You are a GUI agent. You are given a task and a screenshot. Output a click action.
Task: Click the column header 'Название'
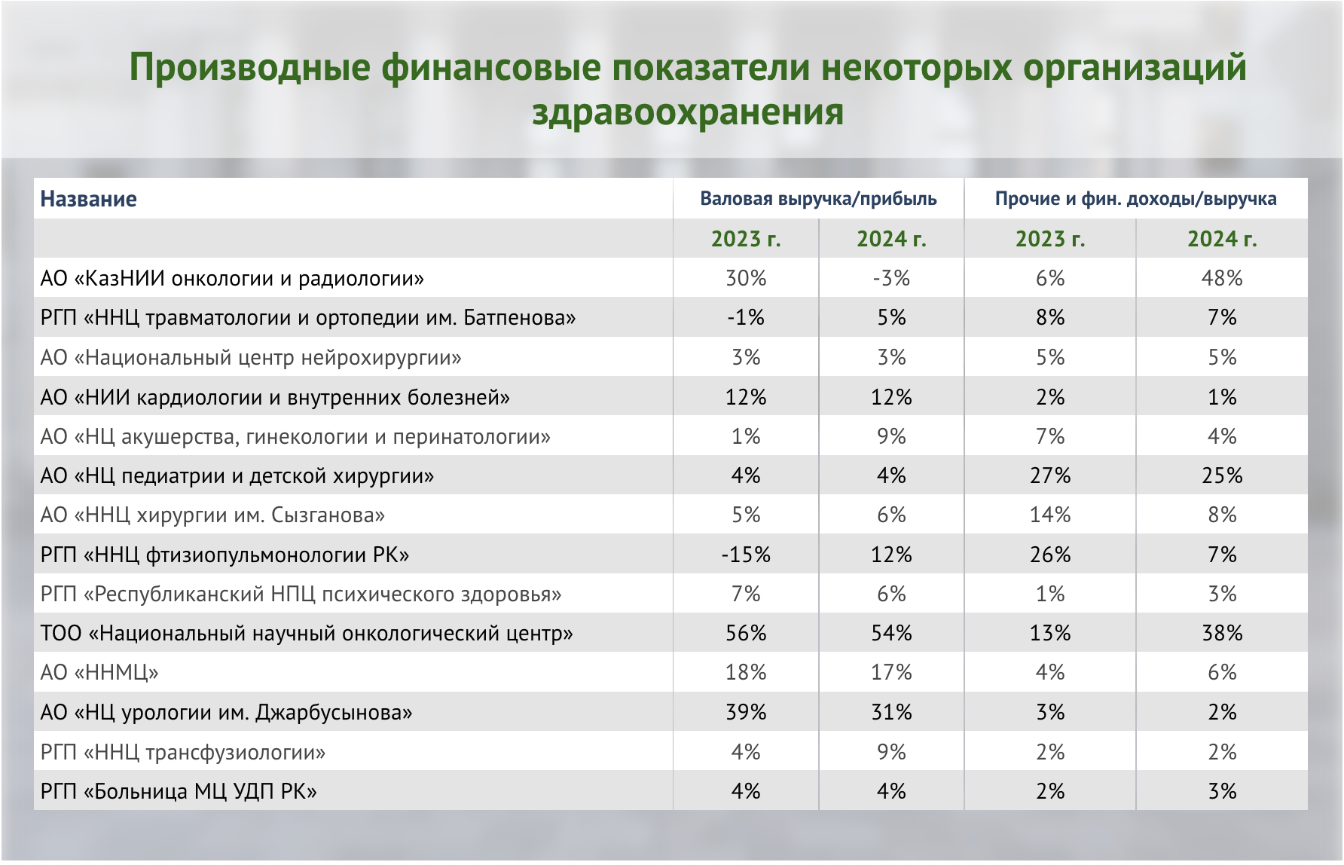tap(88, 199)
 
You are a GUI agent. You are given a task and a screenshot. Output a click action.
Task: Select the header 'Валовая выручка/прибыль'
tap(818, 199)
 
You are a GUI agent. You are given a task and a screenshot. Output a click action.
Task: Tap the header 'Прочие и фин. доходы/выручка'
tap(1135, 199)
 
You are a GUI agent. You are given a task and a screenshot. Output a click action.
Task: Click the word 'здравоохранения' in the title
tap(687, 112)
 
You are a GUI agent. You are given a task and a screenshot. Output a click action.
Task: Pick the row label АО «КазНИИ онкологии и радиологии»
tap(232, 279)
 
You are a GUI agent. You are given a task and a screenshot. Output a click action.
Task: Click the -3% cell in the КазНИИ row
tap(891, 279)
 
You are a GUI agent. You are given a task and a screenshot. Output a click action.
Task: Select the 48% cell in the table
tap(1221, 279)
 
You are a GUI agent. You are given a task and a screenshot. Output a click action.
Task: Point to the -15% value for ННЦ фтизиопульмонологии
tap(746, 555)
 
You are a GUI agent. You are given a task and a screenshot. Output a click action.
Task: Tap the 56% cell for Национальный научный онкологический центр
tap(746, 634)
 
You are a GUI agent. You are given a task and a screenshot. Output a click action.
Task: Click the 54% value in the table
tap(891, 634)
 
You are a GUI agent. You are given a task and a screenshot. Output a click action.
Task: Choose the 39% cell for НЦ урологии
tap(746, 713)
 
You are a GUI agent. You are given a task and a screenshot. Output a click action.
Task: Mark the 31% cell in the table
tap(891, 713)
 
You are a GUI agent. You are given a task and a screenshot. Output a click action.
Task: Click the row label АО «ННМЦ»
tap(99, 673)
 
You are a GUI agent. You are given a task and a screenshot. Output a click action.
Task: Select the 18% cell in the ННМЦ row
tap(746, 673)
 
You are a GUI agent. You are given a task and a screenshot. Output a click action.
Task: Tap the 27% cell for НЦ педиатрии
tap(1050, 476)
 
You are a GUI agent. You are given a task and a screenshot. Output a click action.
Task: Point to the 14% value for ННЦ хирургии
tap(1050, 515)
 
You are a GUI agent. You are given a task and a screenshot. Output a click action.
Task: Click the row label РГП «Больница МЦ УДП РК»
tap(179, 792)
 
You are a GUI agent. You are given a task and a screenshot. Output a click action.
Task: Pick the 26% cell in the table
tap(1050, 555)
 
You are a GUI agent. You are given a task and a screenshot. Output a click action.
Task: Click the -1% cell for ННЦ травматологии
tap(746, 318)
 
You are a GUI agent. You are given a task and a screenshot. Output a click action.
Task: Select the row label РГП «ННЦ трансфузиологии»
tap(183, 753)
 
